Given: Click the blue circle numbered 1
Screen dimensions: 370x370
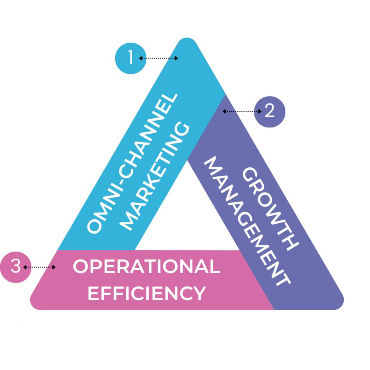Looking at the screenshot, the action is (x=131, y=58).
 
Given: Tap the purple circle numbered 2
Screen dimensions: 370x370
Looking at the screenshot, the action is (x=270, y=112).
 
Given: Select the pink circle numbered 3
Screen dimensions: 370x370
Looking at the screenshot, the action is (x=16, y=267).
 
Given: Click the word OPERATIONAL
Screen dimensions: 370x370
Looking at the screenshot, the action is (x=147, y=266).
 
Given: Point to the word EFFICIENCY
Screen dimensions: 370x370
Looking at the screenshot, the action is (x=147, y=293).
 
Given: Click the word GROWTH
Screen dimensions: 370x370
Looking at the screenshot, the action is (x=271, y=208).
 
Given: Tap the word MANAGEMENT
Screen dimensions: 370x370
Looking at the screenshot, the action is (x=248, y=221).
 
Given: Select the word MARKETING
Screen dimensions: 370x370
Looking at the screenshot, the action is (x=154, y=176).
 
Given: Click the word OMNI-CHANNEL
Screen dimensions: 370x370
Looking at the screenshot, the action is (x=132, y=163).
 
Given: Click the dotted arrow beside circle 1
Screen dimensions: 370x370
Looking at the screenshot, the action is (x=158, y=58).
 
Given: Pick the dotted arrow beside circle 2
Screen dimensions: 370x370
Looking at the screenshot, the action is (x=242, y=111).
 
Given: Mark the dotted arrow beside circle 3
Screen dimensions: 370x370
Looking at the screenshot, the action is (x=39, y=267).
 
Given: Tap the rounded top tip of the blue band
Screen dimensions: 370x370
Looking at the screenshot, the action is (x=187, y=39).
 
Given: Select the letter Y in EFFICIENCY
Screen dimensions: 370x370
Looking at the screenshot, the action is (x=200, y=293).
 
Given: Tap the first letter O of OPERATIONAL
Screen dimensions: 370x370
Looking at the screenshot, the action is (x=81, y=266).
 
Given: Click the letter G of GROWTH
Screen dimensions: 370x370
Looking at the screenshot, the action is (x=250, y=175).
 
